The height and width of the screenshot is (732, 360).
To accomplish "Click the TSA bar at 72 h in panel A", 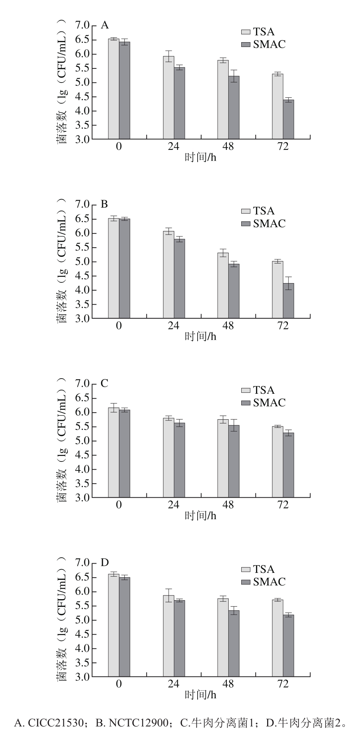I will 277,107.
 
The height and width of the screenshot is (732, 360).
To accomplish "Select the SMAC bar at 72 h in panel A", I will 288,120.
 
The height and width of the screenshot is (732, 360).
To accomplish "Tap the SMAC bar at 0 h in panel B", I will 124,268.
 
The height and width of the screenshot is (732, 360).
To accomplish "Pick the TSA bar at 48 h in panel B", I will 223,285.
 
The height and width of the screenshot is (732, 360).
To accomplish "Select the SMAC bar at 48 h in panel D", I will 233,644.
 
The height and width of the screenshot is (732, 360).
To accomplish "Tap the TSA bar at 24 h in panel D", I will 168,636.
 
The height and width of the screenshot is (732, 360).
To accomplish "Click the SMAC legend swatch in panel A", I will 246,44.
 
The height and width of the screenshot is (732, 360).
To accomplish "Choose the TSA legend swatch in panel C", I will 246,390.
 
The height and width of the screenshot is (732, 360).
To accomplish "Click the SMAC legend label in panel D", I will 269,582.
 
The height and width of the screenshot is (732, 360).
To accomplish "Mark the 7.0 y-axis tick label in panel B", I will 82,205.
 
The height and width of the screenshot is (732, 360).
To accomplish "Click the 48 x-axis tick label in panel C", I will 228,505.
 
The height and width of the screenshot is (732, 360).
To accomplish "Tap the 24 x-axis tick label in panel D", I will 174,684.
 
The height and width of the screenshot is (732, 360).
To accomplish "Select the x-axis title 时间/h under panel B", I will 200,336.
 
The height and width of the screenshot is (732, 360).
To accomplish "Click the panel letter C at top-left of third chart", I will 105,383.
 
